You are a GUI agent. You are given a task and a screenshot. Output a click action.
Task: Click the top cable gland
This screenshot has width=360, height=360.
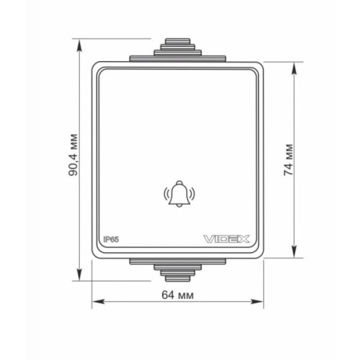pyautogui.click(x=178, y=48)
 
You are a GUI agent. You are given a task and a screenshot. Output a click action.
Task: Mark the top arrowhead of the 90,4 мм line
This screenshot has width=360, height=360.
pyautogui.click(x=81, y=40)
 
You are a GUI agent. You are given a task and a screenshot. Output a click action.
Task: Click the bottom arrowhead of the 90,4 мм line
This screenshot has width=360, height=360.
pyautogui.click(x=81, y=274)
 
